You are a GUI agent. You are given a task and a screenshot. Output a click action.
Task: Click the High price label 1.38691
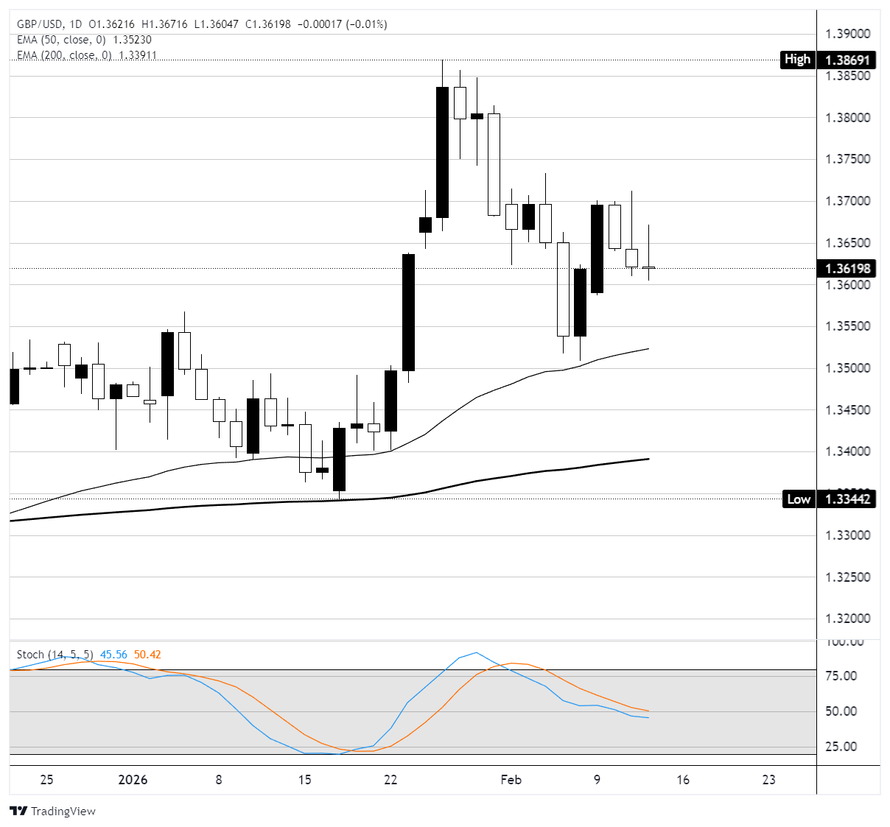point(847,60)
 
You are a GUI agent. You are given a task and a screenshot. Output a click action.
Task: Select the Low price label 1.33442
point(847,499)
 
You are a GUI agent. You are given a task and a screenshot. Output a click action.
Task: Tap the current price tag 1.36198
point(847,269)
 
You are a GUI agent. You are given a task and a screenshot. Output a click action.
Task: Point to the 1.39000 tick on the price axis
point(847,34)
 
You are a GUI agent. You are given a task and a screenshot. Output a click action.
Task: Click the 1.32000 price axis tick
point(847,619)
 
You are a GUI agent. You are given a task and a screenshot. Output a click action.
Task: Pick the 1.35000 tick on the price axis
point(847,368)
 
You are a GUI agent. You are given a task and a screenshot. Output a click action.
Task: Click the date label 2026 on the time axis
point(133,780)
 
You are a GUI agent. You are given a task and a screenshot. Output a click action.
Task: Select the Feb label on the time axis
point(511,780)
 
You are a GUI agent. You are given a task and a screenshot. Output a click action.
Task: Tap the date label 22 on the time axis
point(390,780)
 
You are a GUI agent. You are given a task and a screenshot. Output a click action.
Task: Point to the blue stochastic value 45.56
point(113,655)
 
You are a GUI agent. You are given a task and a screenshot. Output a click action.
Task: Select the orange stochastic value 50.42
point(147,655)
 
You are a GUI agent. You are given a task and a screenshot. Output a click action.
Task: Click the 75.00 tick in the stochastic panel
point(840,676)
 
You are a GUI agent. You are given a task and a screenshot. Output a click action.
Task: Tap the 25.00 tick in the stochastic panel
point(840,747)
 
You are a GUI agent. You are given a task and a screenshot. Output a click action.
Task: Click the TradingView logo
point(53,811)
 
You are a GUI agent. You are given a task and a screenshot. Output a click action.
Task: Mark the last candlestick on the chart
point(648,268)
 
